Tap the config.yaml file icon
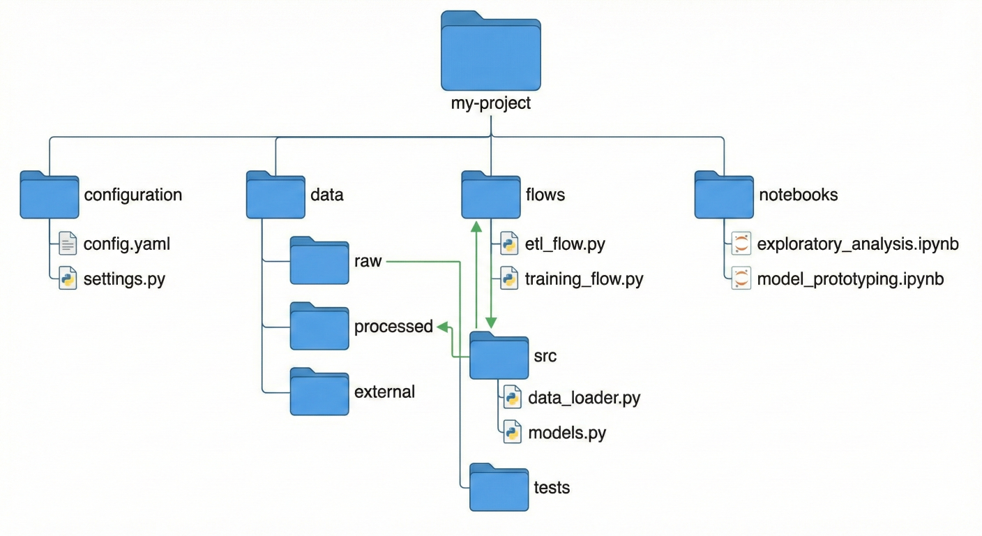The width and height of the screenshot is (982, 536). pos(68,244)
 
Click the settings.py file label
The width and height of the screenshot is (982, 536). pos(125,279)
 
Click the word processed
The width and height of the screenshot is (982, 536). pos(393,327)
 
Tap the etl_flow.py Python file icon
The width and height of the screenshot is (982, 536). pos(509,244)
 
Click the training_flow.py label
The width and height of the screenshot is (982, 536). pos(584,279)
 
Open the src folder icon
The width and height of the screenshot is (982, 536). pos(499,356)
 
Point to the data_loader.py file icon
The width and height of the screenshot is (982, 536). pos(512,398)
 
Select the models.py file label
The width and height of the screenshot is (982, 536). pos(567,433)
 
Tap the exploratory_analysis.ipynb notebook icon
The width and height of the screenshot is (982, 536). pos(741,244)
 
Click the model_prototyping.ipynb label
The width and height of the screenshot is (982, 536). pos(850,279)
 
